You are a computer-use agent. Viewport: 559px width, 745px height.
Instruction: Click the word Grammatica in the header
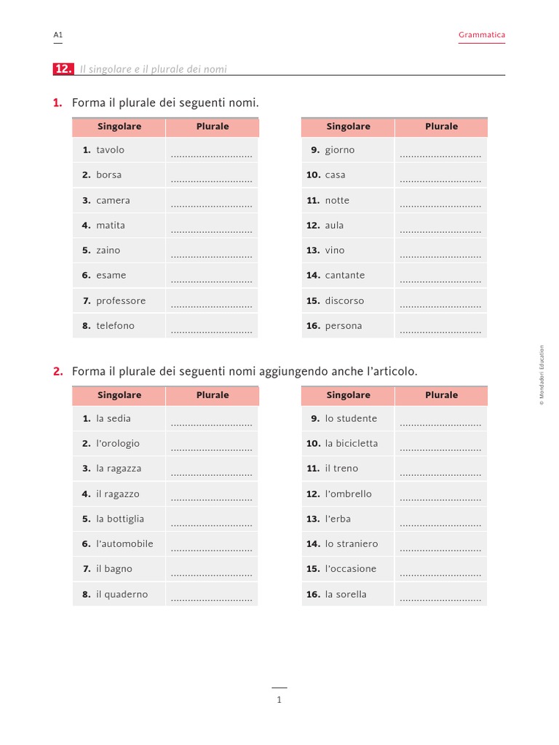click(481, 35)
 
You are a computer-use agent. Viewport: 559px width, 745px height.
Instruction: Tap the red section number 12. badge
click(63, 69)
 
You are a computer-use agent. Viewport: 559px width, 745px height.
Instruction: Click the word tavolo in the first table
click(110, 150)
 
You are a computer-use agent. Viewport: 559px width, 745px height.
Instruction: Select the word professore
click(121, 300)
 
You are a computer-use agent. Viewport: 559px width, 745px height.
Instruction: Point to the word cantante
click(345, 275)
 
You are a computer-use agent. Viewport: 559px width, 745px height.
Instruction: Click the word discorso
click(344, 300)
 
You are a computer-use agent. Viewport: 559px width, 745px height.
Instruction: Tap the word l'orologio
click(118, 443)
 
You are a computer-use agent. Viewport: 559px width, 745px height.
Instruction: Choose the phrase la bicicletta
click(352, 443)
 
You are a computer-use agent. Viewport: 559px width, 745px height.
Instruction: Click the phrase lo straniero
click(352, 543)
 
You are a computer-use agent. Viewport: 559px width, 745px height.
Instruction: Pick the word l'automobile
click(124, 543)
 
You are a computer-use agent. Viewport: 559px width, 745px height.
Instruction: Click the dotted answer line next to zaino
click(211, 256)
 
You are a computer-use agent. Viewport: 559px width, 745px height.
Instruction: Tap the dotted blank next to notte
click(440, 206)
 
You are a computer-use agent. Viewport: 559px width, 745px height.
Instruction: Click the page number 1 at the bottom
click(279, 700)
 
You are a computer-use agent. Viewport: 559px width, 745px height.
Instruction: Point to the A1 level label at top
click(58, 35)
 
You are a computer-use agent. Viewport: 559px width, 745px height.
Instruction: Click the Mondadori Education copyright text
click(542, 375)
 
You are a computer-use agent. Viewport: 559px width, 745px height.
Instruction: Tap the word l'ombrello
click(348, 494)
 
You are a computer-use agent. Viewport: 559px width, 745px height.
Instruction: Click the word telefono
click(115, 326)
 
